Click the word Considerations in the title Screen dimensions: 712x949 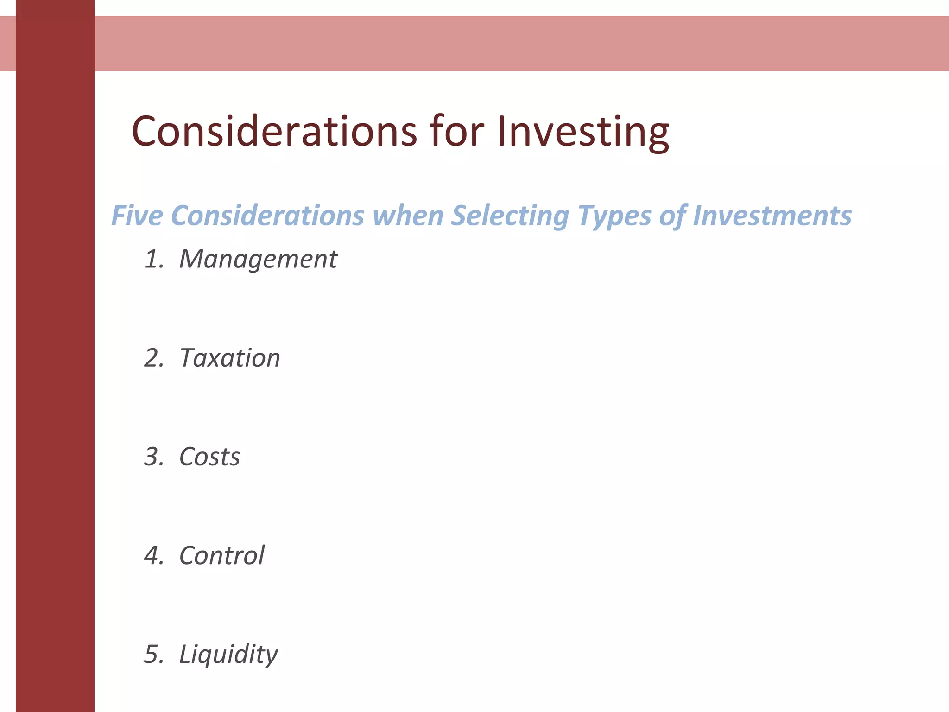[x=274, y=132]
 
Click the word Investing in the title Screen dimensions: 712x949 [x=583, y=132]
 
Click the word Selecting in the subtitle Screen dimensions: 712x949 [x=510, y=216]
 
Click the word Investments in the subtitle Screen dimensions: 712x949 [x=772, y=216]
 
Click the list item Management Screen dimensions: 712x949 [x=258, y=259]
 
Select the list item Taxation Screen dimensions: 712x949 [x=230, y=358]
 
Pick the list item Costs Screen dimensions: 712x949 [x=209, y=457]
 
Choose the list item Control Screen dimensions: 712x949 [x=221, y=555]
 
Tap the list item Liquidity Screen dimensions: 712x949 [x=228, y=655]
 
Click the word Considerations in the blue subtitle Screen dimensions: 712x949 [x=267, y=216]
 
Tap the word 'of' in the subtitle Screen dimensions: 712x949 [x=671, y=216]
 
